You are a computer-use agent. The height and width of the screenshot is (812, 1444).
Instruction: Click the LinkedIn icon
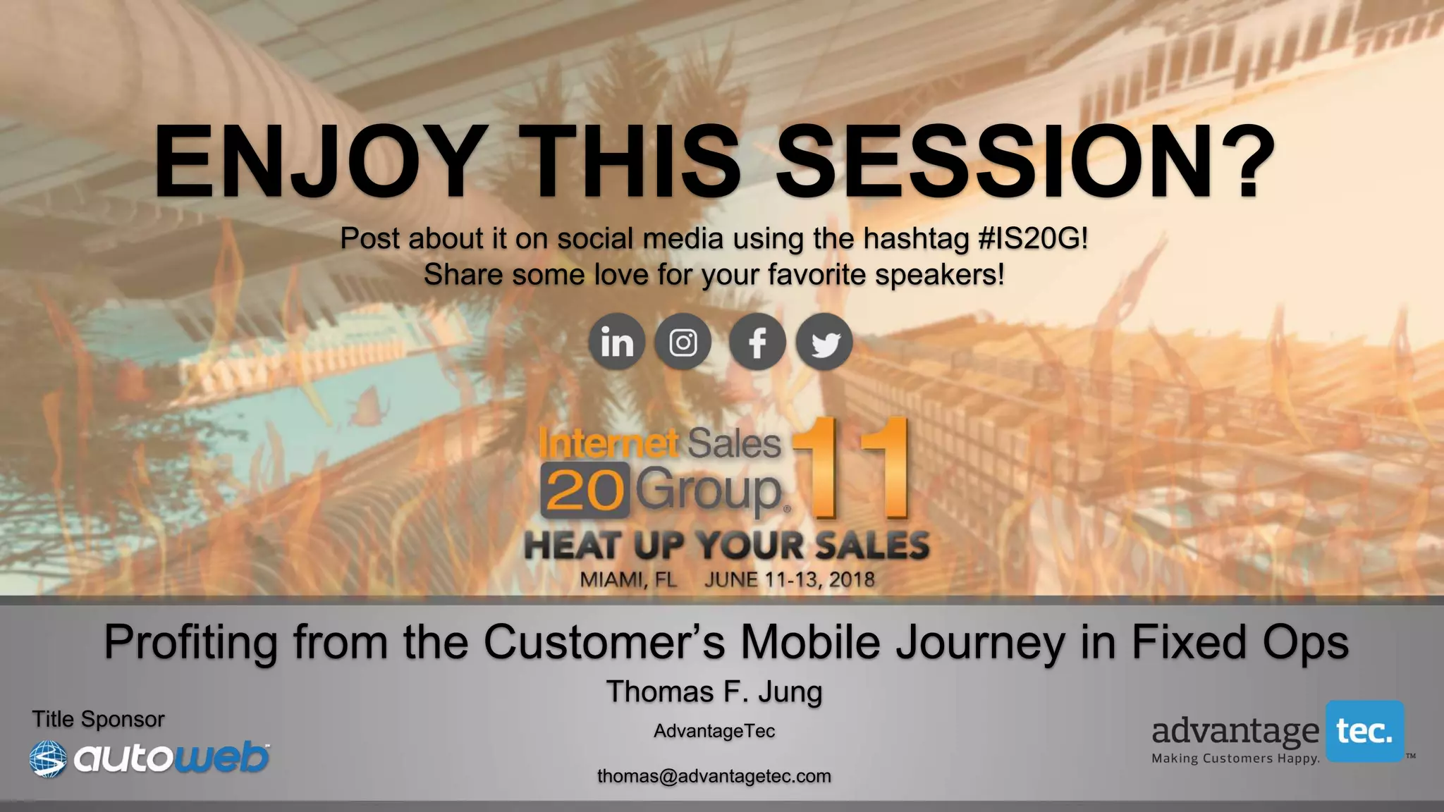617,342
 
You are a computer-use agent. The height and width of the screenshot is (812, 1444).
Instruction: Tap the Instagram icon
683,343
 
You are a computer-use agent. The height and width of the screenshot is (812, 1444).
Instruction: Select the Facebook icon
757,343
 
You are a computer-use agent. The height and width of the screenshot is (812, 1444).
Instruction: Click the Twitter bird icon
824,343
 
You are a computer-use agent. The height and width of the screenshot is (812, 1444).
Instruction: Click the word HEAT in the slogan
572,546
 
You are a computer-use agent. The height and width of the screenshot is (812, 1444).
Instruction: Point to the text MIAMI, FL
628,580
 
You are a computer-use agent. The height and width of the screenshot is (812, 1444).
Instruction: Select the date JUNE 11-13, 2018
789,580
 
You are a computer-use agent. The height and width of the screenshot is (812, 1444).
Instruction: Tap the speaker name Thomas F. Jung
714,692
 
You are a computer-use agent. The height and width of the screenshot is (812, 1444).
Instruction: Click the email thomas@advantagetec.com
714,776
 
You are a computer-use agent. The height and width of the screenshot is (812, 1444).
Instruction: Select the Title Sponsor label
98,720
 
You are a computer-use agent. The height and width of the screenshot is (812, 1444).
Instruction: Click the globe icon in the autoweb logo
48,759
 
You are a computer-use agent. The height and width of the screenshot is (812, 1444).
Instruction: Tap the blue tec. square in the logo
1365,732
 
